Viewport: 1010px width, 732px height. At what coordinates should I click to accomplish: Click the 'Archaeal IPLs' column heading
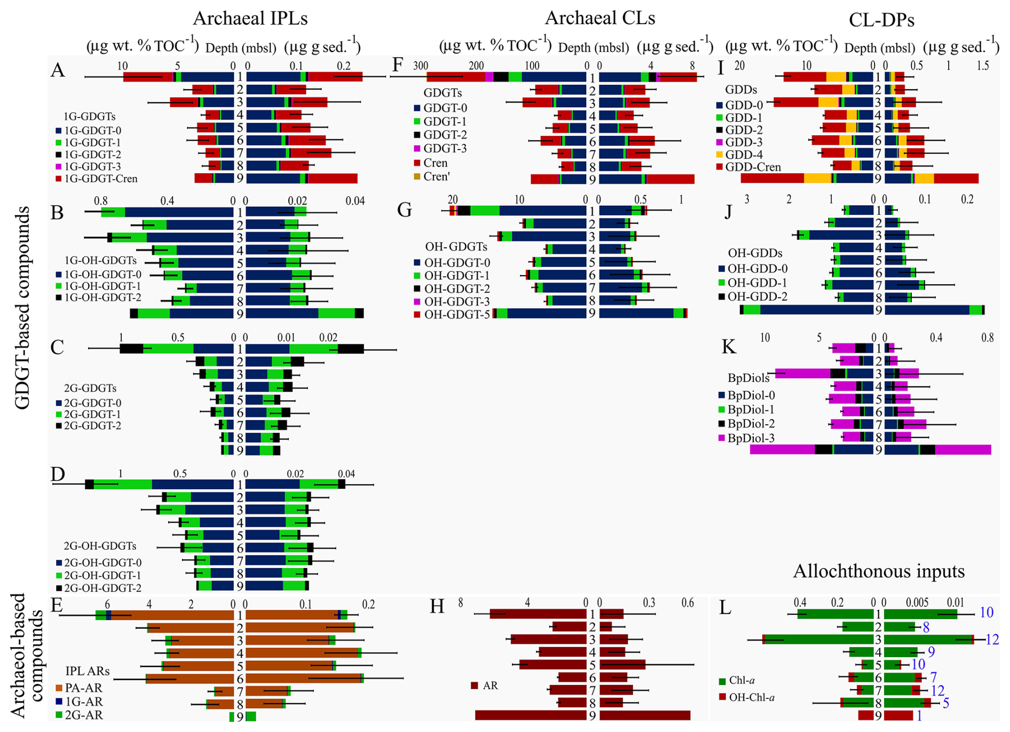click(250, 18)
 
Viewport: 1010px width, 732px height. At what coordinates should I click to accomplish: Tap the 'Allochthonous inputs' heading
click(879, 571)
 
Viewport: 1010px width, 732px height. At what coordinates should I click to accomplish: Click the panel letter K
click(729, 347)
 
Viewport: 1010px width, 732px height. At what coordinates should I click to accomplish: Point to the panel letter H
click(437, 607)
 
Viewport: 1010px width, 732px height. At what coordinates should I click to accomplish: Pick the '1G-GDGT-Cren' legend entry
click(100, 178)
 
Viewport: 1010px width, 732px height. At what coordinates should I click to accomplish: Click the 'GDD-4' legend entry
click(744, 154)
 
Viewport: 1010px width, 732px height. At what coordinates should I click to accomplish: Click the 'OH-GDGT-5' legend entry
click(456, 314)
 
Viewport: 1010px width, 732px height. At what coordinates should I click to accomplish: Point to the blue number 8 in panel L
click(926, 627)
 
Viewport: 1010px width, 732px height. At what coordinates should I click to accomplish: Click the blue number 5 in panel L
click(945, 703)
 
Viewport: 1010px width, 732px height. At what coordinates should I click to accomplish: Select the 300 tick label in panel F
click(420, 66)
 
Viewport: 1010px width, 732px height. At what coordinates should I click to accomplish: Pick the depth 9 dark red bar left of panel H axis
click(531, 715)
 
